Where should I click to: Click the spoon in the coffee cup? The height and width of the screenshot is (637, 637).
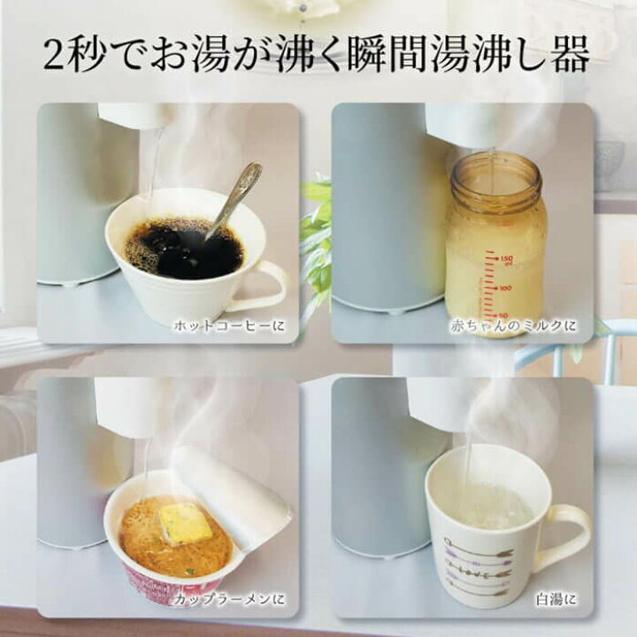[x=232, y=200]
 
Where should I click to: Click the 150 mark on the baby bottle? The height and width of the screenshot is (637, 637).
[x=506, y=259]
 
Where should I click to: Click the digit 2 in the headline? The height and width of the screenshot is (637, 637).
[x=54, y=56]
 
